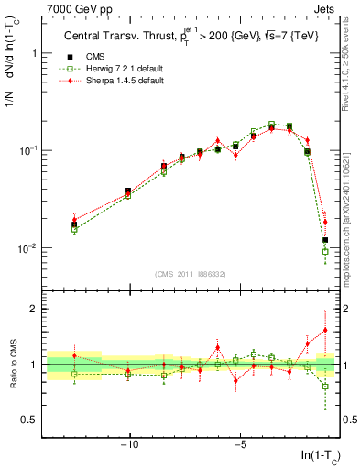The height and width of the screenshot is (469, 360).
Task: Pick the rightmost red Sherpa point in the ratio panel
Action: pyautogui.click(x=324, y=331)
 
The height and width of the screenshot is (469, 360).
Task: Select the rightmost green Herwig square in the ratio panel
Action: pyautogui.click(x=324, y=387)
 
